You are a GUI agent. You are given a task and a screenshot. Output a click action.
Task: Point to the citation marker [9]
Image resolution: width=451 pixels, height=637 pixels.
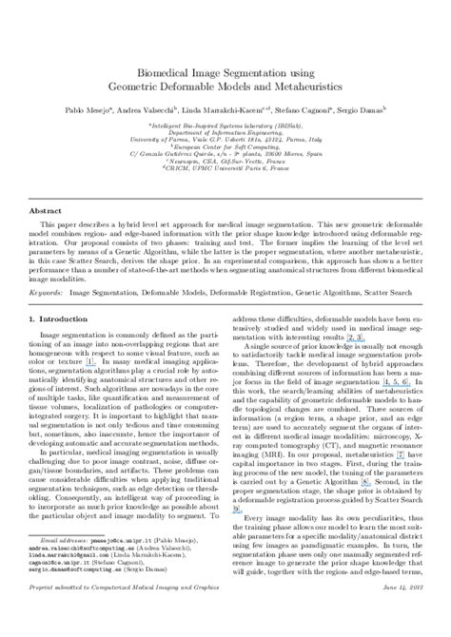237,510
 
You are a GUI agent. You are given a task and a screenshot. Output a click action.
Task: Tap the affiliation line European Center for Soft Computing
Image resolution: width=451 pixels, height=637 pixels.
225,145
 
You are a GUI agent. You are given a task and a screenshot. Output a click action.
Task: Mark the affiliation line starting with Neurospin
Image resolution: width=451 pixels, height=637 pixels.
225,162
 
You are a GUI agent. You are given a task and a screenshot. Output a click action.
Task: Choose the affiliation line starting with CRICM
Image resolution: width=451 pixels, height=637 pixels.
225,170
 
